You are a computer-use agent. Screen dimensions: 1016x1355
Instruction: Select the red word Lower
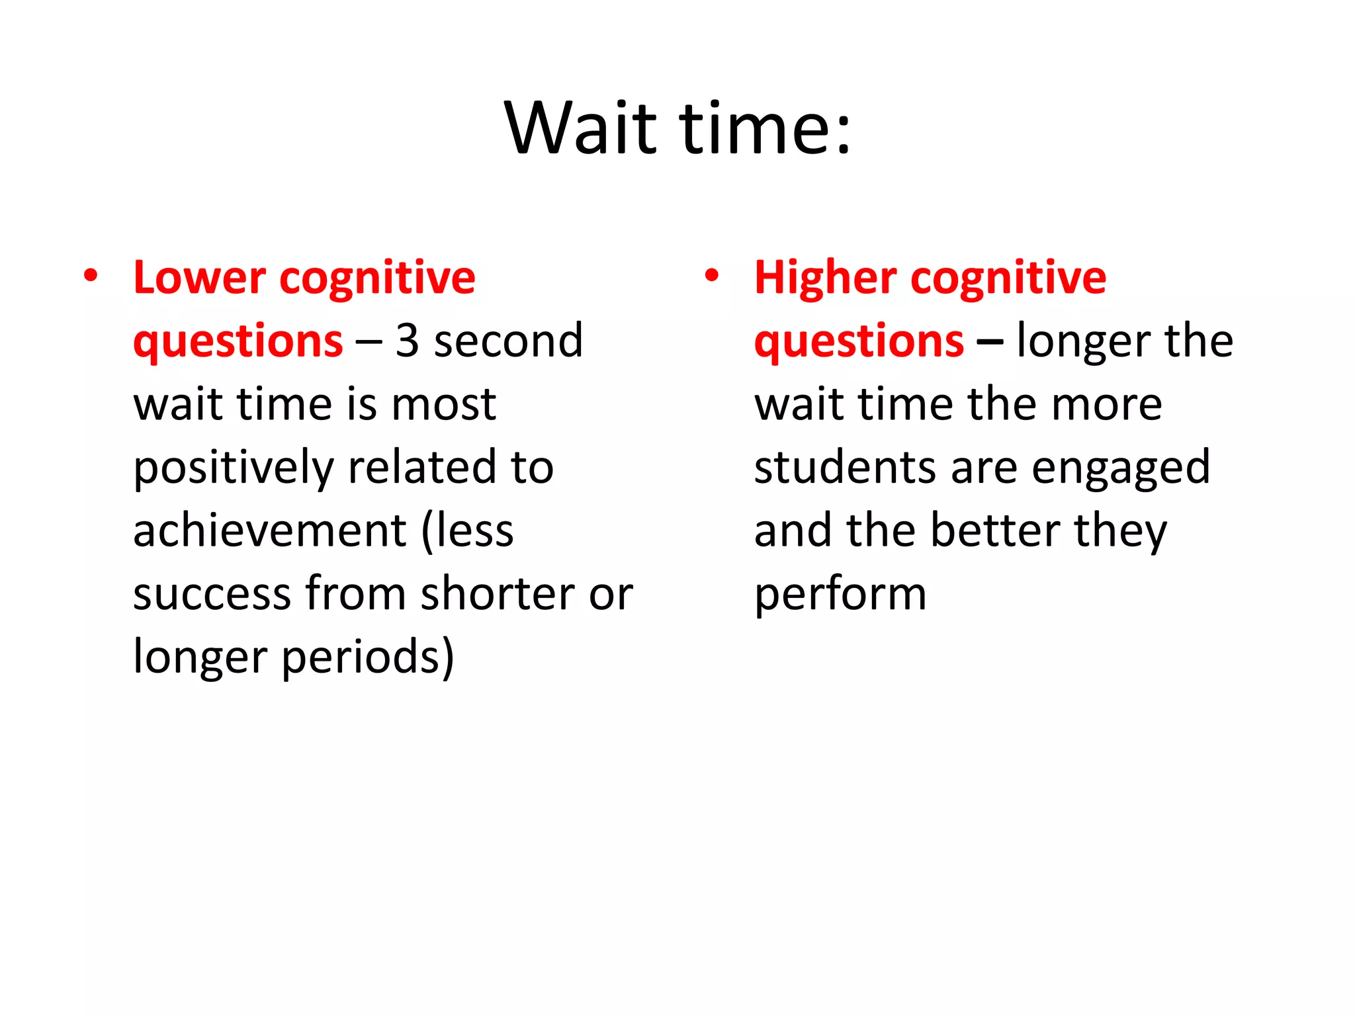coord(199,278)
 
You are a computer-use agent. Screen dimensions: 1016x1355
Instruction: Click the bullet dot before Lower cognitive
coord(91,275)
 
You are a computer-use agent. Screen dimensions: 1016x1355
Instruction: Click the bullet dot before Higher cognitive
coord(712,275)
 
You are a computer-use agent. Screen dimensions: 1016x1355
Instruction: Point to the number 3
coord(407,341)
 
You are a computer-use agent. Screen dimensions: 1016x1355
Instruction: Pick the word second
coord(508,341)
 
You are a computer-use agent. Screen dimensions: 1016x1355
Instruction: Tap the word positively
coord(233,468)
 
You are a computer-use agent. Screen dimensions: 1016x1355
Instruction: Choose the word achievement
coord(269,530)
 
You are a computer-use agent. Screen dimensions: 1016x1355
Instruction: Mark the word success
coord(212,593)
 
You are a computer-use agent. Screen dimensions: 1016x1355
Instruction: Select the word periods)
coord(368,657)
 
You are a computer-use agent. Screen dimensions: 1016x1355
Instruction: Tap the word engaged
coord(1121,468)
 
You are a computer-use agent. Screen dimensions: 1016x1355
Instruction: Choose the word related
coord(422,467)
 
